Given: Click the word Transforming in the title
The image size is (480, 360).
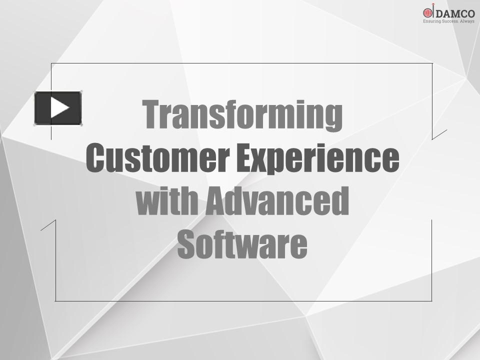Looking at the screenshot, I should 242,115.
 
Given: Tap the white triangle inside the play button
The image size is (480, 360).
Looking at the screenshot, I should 59,107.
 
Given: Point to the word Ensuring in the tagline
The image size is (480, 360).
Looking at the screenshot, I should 431,22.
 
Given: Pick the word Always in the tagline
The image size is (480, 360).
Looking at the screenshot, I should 467,22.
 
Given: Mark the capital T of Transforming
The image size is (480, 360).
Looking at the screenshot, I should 152,114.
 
